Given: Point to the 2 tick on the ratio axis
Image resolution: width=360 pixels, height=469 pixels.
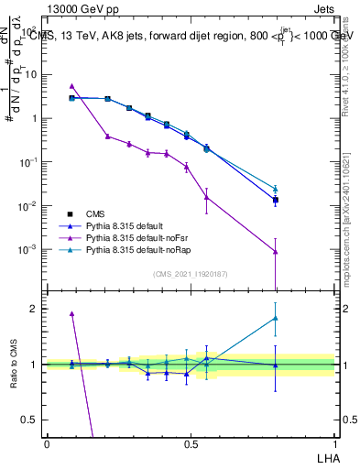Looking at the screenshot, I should (x=36, y=309).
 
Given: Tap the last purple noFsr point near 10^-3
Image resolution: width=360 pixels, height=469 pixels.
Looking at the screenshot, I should (x=276, y=252).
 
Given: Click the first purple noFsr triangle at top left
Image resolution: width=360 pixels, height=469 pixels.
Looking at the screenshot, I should (x=72, y=86).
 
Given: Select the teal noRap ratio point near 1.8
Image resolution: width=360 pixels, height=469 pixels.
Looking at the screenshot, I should (x=276, y=319).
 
